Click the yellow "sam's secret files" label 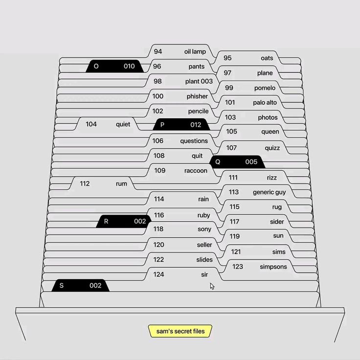click(180, 331)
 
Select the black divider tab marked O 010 click(114, 66)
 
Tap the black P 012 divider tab click(181, 124)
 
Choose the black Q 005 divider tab click(237, 161)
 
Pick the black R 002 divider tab click(124, 221)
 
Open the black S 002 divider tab click(80, 285)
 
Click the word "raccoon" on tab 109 click(196, 171)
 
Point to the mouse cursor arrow click(212, 286)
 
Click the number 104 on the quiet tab click(91, 124)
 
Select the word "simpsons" click(273, 267)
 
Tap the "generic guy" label click(270, 192)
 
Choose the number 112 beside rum click(85, 183)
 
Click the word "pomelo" click(265, 88)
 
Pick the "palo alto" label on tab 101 click(265, 102)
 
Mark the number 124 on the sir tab click(158, 274)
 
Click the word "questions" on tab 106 click(194, 141)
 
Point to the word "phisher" click(197, 96)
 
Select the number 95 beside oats click(227, 58)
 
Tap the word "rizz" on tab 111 click(271, 178)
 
